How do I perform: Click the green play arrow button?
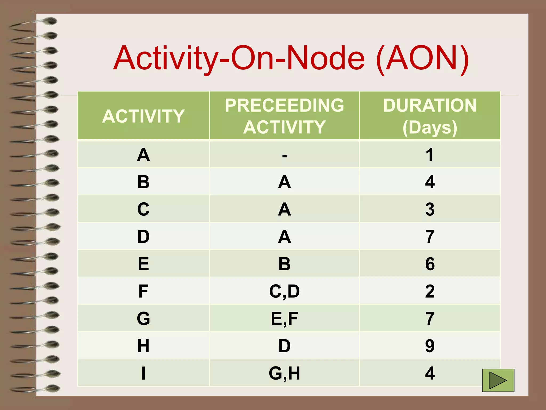pyautogui.click(x=498, y=380)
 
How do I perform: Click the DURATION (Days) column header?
pyautogui.click(x=430, y=116)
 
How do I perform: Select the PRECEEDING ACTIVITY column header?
pyautogui.click(x=284, y=116)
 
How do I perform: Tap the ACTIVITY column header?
pyautogui.click(x=143, y=116)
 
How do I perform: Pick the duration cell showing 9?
pyautogui.click(x=430, y=346)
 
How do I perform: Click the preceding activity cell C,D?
pyautogui.click(x=284, y=291)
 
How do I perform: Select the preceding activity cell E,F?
pyautogui.click(x=284, y=318)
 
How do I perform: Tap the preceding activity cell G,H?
pyautogui.click(x=284, y=373)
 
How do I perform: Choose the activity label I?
pyautogui.click(x=143, y=373)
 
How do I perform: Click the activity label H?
pyautogui.click(x=143, y=346)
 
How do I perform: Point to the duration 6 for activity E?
pyautogui.click(x=430, y=264)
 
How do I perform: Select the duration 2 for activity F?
pyautogui.click(x=430, y=291)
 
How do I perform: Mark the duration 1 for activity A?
pyautogui.click(x=430, y=155)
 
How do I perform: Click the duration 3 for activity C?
pyautogui.click(x=430, y=209)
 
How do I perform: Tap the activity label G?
pyautogui.click(x=143, y=318)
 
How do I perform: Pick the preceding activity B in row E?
pyautogui.click(x=284, y=264)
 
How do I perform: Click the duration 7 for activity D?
pyautogui.click(x=430, y=236)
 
